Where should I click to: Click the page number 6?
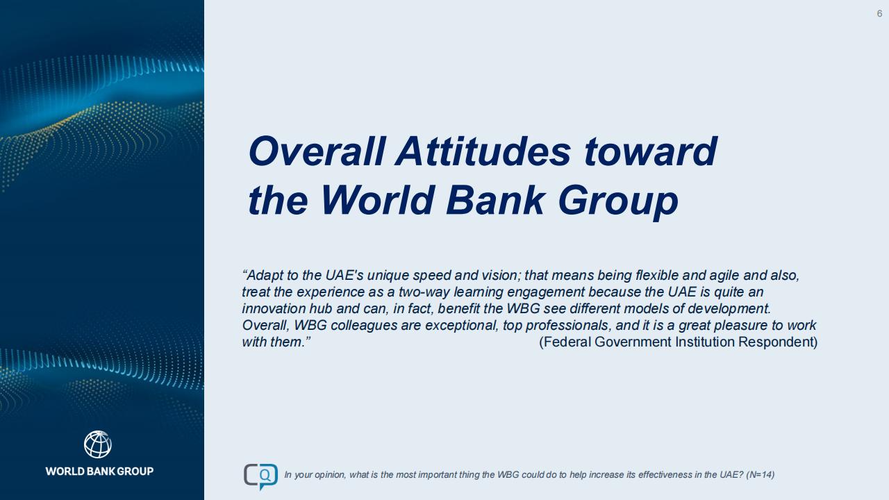pyautogui.click(x=879, y=13)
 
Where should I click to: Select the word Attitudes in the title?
pyautogui.click(x=483, y=151)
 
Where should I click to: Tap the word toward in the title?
pyautogui.click(x=651, y=151)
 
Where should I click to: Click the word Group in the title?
pyautogui.click(x=618, y=202)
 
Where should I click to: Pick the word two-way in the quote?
pyautogui.click(x=424, y=292)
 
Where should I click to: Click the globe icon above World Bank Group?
pyautogui.click(x=98, y=444)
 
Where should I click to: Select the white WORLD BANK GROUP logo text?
pyautogui.click(x=99, y=472)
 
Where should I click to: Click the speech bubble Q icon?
pyautogui.click(x=260, y=476)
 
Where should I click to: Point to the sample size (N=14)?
pyautogui.click(x=760, y=474)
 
